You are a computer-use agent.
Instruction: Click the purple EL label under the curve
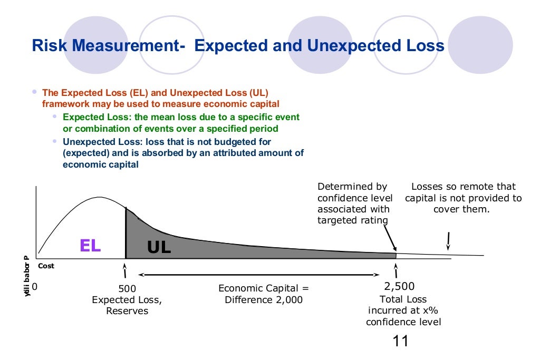coord(90,245)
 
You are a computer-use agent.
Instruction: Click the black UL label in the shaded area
coord(159,247)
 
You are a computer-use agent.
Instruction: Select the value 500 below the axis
coord(127,289)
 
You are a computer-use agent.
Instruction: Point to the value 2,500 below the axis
coord(399,286)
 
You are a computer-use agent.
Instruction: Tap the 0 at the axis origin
coord(35,287)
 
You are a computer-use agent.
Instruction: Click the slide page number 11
coord(401,341)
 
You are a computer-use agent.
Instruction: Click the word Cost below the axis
coord(46,266)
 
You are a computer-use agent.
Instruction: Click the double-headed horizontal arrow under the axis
coord(258,275)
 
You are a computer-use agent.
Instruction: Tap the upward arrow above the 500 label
coord(125,271)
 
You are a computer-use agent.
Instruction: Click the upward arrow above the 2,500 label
coord(396,271)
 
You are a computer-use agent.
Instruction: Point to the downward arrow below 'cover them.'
coord(448,240)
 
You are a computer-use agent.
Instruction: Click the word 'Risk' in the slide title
coord(48,46)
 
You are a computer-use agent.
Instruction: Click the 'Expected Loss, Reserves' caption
coord(127,305)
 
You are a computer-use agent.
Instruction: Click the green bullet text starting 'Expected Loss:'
coord(181,123)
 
